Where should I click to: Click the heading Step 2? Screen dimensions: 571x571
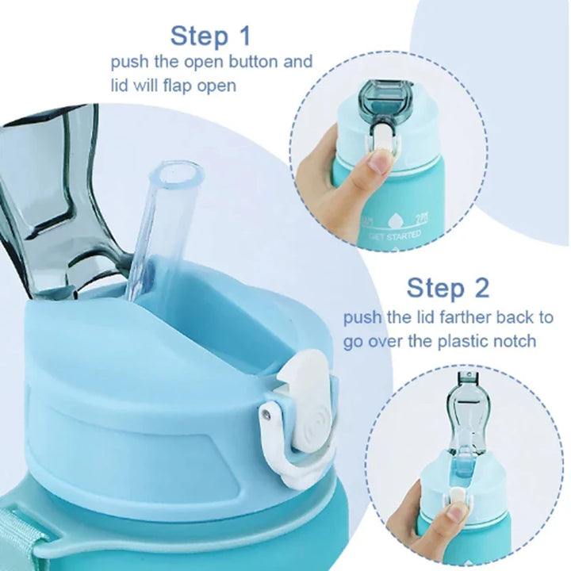pos(448,287)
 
